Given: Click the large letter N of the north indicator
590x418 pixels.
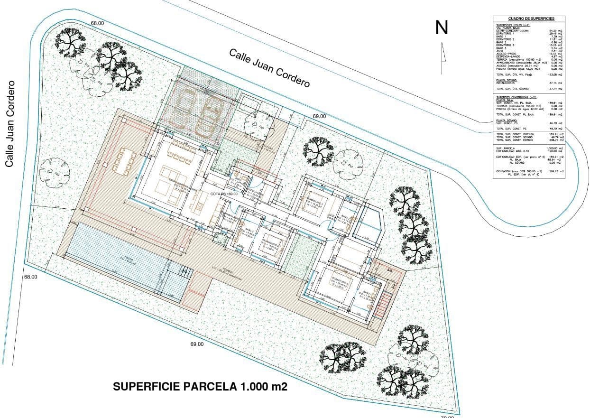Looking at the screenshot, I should (442, 28).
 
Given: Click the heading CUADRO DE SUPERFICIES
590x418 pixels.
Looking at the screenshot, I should (531, 19).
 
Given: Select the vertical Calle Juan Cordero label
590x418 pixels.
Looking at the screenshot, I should (9, 123).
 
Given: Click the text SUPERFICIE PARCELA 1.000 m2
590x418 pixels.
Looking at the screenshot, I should (200, 387).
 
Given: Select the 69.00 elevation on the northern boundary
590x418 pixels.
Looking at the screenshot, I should (319, 116).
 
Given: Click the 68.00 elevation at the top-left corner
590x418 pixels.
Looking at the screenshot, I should (97, 23).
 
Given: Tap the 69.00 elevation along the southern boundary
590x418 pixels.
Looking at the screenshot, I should (197, 344).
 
